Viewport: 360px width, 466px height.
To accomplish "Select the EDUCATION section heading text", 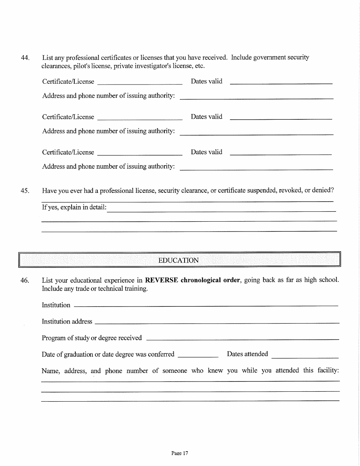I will click(178, 260).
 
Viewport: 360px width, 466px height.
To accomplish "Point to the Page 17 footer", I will click(180, 453).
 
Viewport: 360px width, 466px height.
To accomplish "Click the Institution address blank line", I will click(216, 322).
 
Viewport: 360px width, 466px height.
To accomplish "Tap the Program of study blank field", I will click(242, 339).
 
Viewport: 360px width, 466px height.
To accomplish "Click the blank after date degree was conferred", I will click(198, 357).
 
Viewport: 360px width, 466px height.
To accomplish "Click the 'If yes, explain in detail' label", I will click(74, 207).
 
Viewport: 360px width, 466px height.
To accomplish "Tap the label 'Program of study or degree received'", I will click(92, 338).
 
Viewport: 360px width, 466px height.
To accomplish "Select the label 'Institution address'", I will click(67, 322).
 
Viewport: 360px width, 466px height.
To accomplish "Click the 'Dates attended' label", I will click(247, 354).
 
